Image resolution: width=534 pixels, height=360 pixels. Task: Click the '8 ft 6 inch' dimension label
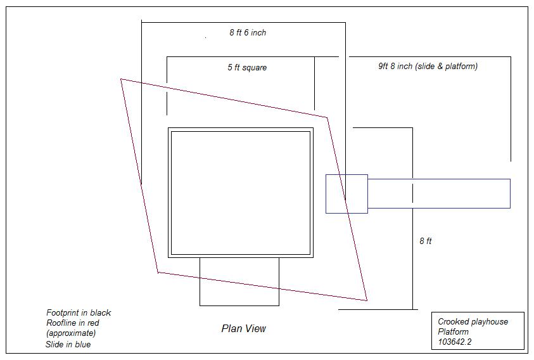248,32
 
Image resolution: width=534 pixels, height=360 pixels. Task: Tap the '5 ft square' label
247,67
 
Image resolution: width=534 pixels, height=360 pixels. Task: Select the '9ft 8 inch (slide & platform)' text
428,66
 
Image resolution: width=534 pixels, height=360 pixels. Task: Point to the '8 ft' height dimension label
426,241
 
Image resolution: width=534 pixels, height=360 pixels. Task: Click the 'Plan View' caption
243,328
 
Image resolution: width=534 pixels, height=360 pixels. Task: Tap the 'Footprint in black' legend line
79,312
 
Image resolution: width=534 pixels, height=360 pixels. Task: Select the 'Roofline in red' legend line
72,323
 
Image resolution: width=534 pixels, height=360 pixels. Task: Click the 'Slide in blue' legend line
68,345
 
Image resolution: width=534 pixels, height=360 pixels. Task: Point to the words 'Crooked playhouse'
473,321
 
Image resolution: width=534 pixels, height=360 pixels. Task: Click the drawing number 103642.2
454,342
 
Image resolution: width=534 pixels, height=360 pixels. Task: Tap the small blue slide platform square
346,194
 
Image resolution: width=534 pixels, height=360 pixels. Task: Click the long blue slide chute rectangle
438,193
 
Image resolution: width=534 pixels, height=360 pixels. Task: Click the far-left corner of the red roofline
121,79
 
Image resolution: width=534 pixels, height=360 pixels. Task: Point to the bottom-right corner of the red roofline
367,300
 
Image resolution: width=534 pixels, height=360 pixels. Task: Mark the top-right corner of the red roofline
327,117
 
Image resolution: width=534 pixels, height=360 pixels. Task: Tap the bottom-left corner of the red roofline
158,273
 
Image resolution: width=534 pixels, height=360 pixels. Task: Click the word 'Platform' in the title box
453,331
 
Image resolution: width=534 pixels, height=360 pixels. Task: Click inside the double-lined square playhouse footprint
240,193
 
